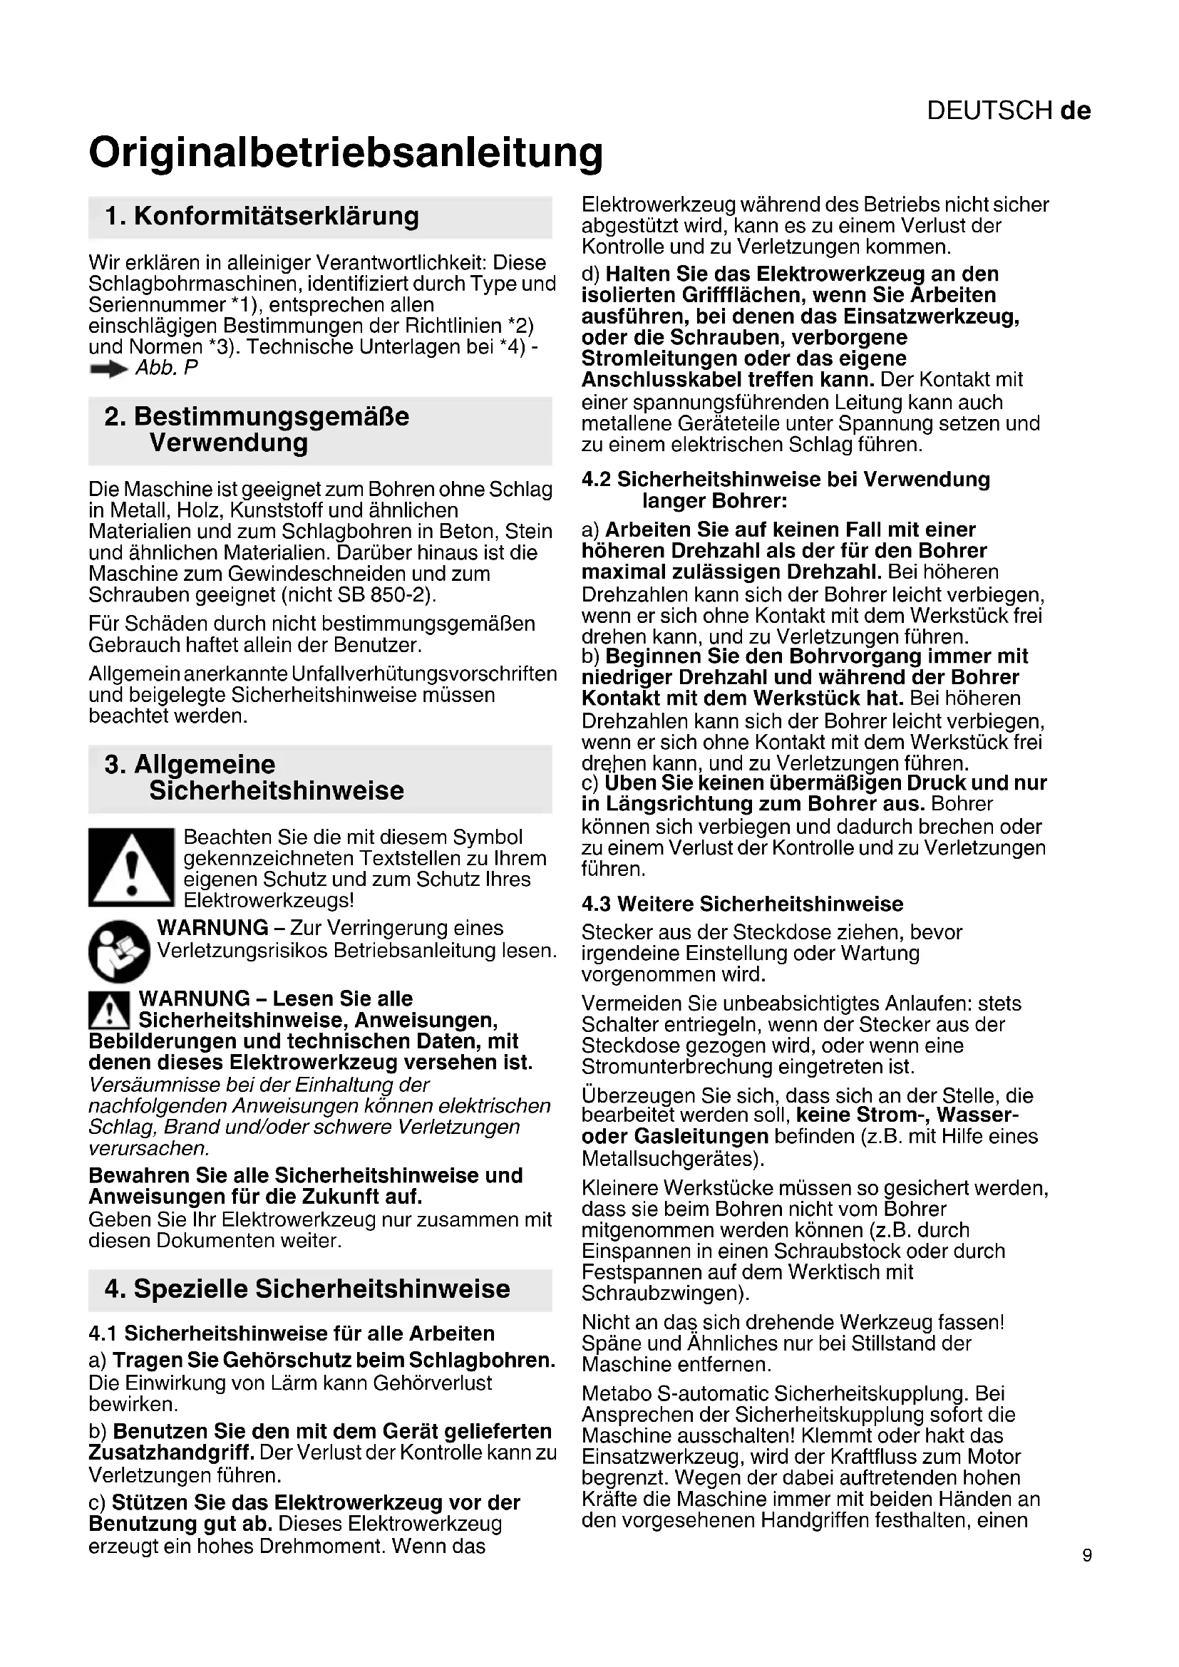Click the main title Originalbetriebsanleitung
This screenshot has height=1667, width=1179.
346,153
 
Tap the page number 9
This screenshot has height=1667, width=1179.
1086,1555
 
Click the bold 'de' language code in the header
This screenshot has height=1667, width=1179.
1075,110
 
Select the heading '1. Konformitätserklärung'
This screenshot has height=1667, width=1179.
262,217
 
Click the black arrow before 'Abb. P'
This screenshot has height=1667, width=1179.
108,370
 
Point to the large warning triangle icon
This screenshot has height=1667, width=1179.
131,867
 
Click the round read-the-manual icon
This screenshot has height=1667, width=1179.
119,951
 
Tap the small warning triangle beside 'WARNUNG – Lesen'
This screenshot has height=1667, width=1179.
109,1009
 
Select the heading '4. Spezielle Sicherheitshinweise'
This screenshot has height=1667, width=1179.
307,1289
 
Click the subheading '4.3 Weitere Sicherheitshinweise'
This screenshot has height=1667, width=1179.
742,904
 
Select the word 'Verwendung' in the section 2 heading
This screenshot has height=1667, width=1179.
229,442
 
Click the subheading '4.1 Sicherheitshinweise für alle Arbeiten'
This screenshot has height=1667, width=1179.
291,1333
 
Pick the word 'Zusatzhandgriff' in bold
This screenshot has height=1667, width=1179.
170,1452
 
